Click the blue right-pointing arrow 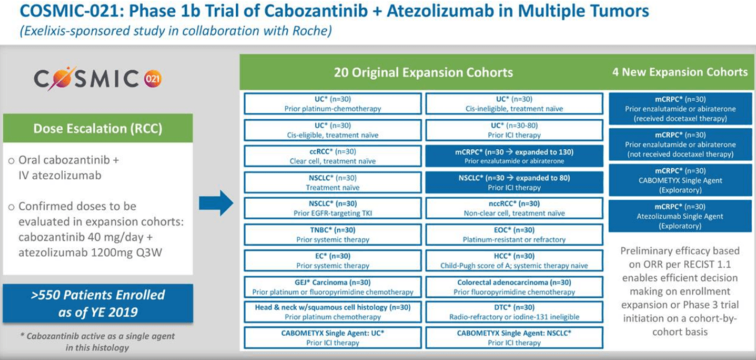pos(216,202)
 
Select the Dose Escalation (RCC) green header pos(98,128)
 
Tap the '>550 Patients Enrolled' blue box pos(98,303)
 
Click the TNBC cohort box pos(332,234)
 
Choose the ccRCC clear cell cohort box pos(332,156)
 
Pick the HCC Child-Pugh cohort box pos(514,260)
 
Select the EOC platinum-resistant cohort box pos(514,234)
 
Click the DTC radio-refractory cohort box pos(514,312)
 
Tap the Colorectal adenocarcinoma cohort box pos(514,286)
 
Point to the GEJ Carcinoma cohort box pos(332,286)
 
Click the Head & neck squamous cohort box pos(332,312)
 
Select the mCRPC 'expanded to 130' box pos(514,156)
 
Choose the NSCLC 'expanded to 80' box pos(514,182)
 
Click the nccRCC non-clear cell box pos(514,208)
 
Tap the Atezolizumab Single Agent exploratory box pos(680,216)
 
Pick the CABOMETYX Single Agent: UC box pos(332,338)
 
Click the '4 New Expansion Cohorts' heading pos(679,72)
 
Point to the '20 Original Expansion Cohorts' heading pos(423,72)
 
